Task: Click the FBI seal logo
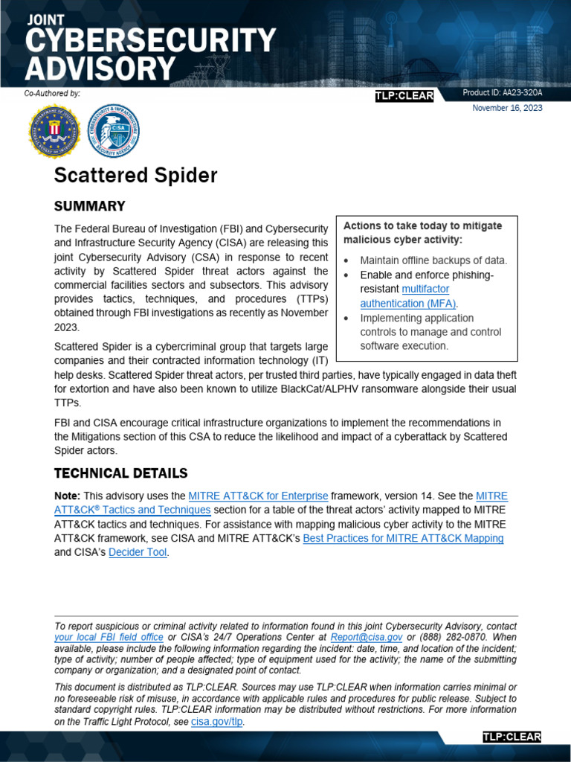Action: coord(54,131)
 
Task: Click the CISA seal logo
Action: coord(114,131)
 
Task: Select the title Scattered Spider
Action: coord(135,176)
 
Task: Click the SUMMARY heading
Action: coord(89,206)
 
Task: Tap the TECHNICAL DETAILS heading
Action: coord(120,473)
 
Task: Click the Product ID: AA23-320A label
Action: coord(502,93)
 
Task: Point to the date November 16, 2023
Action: coord(507,108)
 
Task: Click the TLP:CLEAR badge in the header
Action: coord(404,97)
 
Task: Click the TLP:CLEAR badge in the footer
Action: coord(512,737)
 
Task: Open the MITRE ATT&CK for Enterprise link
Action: coord(258,496)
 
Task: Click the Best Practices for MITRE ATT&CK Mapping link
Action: coord(403,538)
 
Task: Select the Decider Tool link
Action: coord(138,552)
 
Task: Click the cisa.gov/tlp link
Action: coord(218,722)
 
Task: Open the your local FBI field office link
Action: coord(109,638)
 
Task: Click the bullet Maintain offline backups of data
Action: coord(433,260)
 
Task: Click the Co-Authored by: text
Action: coord(52,93)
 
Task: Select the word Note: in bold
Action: coord(68,496)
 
